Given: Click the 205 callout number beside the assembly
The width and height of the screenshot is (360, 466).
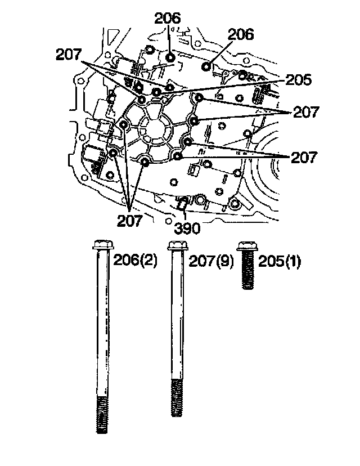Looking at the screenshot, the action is [298, 80].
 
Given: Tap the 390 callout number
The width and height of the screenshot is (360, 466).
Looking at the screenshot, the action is [187, 228].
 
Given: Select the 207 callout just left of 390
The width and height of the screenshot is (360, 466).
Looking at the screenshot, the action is [130, 221].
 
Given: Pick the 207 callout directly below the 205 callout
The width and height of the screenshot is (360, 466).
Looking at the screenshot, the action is [305, 112].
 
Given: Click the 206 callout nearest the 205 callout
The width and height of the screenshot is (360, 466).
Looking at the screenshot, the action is [241, 34].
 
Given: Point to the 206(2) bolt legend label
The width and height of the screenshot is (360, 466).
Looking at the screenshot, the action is [135, 261].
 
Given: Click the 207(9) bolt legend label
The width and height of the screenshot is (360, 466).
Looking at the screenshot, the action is [211, 261].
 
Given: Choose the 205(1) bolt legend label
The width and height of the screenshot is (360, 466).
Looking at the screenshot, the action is [279, 261].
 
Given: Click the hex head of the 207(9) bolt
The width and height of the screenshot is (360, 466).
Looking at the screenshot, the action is [178, 245].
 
